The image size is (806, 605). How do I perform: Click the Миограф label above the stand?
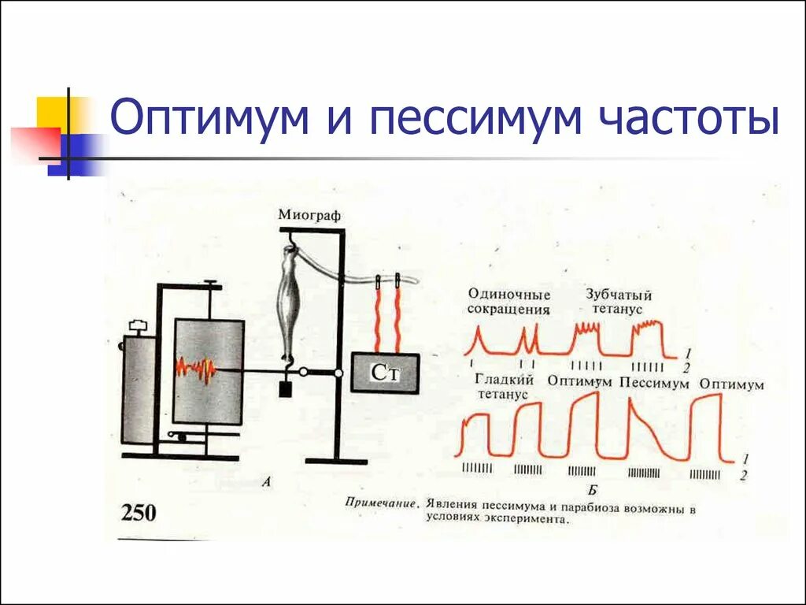pyautogui.click(x=309, y=214)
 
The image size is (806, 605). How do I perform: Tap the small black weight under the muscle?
pyautogui.click(x=285, y=389)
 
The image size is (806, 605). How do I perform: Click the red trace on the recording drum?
pyautogui.click(x=195, y=369)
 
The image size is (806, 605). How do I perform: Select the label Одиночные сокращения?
pyautogui.click(x=508, y=302)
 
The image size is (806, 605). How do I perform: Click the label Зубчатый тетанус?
pyautogui.click(x=619, y=302)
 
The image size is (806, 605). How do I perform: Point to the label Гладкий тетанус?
pyautogui.click(x=505, y=387)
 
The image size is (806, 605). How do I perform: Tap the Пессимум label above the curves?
pyautogui.click(x=654, y=383)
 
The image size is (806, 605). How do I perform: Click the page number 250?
pyautogui.click(x=138, y=514)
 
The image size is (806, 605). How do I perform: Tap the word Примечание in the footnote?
pyautogui.click(x=379, y=501)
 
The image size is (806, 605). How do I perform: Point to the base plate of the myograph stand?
pyautogui.click(x=335, y=460)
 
